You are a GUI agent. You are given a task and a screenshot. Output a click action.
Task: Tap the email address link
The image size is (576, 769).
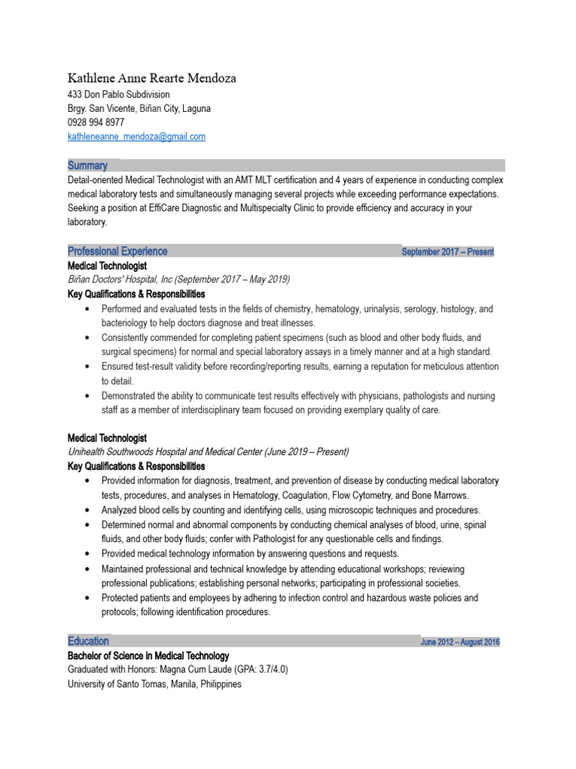pos(136,137)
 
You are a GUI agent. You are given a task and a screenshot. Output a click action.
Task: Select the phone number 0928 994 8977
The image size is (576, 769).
pos(96,122)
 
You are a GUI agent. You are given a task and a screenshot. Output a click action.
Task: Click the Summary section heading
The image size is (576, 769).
pos(88,165)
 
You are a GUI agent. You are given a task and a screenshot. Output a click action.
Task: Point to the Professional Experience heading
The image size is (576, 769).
pos(118,252)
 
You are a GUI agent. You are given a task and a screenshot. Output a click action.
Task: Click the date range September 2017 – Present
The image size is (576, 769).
pos(448,252)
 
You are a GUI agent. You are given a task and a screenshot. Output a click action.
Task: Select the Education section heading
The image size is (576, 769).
pos(88,641)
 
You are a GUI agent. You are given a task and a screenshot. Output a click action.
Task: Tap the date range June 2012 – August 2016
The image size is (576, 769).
pos(460,642)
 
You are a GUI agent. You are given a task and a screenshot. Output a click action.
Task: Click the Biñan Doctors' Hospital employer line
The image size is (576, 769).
pos(178,279)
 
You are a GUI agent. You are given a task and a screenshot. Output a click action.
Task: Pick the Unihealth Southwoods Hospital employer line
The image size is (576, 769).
pos(208,452)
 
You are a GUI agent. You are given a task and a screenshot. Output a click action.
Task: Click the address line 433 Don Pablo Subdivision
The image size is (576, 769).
pos(118,95)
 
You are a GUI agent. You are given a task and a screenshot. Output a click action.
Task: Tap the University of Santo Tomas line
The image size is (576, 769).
pos(154,684)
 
